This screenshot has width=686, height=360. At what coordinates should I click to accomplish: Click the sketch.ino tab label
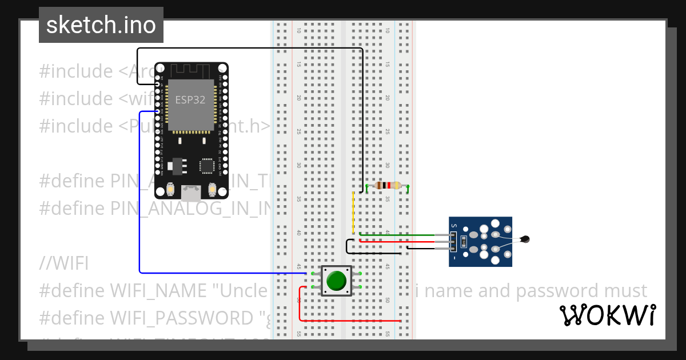coord(101,25)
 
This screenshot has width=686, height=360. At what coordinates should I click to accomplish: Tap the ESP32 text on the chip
coord(190,99)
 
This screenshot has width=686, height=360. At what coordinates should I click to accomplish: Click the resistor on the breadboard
coord(388,185)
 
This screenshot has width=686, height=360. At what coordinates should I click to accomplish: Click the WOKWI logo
coord(607,315)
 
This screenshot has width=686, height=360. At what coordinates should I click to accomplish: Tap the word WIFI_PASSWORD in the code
coord(181,318)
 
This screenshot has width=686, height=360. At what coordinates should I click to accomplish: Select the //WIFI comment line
coord(63,263)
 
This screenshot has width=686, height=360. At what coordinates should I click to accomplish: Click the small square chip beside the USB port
coord(207,166)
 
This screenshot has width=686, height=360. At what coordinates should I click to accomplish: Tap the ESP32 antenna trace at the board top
coord(191,70)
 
